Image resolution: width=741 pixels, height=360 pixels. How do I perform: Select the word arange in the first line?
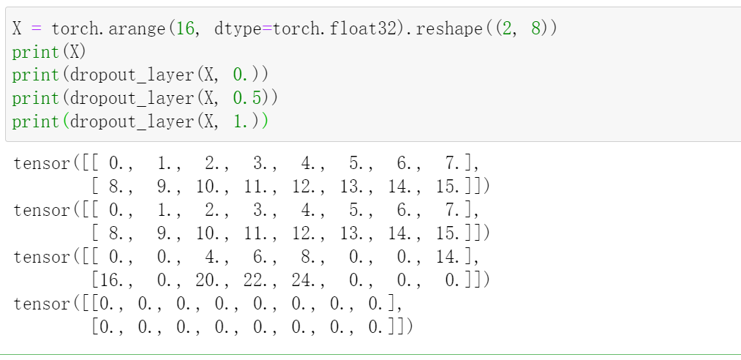[139, 29]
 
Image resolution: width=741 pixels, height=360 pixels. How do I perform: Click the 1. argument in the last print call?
[241, 121]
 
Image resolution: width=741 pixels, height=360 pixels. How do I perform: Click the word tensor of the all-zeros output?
[42, 304]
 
